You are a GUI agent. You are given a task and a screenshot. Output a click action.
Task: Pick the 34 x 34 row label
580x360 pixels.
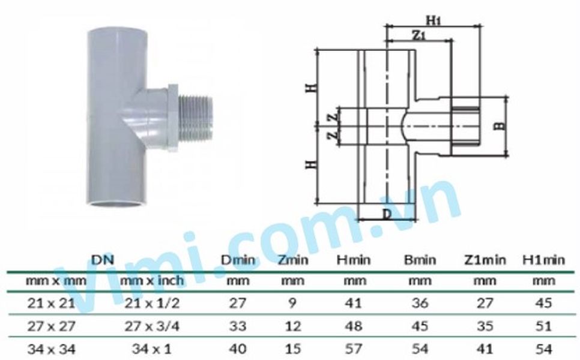[x=51, y=349]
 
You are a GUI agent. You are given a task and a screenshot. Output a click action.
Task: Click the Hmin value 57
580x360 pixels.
[x=354, y=349]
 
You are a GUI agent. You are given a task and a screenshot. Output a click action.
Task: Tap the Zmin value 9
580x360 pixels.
[x=292, y=303]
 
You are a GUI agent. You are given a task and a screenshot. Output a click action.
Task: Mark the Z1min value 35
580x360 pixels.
[x=485, y=326]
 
